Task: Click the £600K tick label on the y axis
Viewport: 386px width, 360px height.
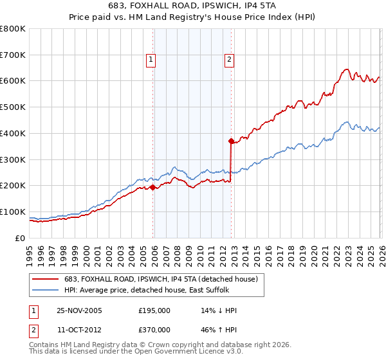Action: [x=13, y=81]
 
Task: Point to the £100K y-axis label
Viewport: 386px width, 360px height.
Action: [x=13, y=212]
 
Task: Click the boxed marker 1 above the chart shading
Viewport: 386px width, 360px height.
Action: [x=151, y=60]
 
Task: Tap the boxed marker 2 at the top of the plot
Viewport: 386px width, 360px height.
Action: [x=228, y=60]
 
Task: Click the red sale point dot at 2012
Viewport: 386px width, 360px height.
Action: [x=230, y=140]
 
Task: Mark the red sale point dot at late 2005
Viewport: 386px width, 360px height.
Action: [x=153, y=187]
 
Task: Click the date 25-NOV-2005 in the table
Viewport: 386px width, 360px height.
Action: [x=79, y=310]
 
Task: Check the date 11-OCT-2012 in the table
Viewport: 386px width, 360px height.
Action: [x=79, y=329]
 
